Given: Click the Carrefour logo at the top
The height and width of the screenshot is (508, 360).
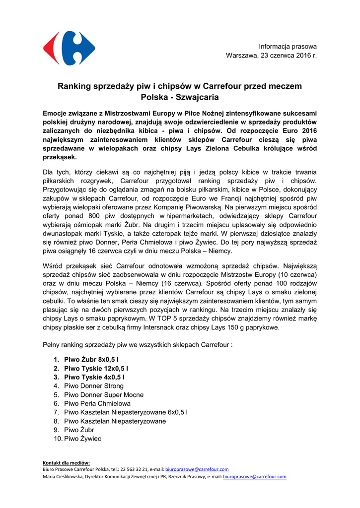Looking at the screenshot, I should tap(69, 48).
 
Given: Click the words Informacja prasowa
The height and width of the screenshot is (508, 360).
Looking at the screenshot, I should tap(288, 46).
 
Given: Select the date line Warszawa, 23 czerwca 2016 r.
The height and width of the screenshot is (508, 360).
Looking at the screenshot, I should tap(271, 55).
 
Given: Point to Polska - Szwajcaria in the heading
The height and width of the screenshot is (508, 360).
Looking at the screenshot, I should tap(180, 97).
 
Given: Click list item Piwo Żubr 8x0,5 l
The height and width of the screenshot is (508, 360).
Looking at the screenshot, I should tap(91, 359).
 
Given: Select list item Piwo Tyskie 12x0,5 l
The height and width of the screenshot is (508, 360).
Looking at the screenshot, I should tap(96, 368).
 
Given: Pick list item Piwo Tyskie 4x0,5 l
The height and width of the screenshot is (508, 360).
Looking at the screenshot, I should tap(94, 377).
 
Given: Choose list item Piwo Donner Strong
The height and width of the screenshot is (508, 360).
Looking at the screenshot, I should tap(94, 386).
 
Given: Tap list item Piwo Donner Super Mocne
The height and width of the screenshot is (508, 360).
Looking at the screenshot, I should tap(104, 395).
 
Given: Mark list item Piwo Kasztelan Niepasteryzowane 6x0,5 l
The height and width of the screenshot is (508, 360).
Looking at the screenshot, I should tap(126, 412).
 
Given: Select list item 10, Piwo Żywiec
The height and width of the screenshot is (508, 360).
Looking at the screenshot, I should tap(82, 439).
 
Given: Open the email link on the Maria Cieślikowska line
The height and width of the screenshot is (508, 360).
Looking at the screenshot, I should tap(255, 477).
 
